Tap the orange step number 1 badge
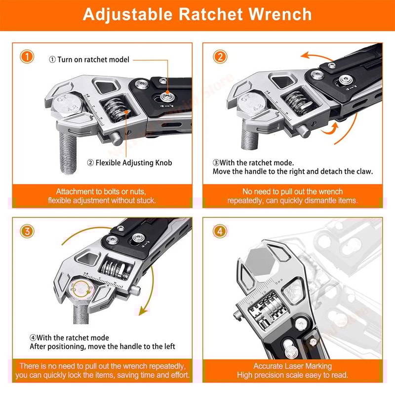tap(28, 56)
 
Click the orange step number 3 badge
tap(28, 231)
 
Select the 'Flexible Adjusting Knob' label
tap(129, 162)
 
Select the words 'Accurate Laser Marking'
tap(293, 366)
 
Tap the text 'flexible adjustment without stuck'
tap(102, 200)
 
